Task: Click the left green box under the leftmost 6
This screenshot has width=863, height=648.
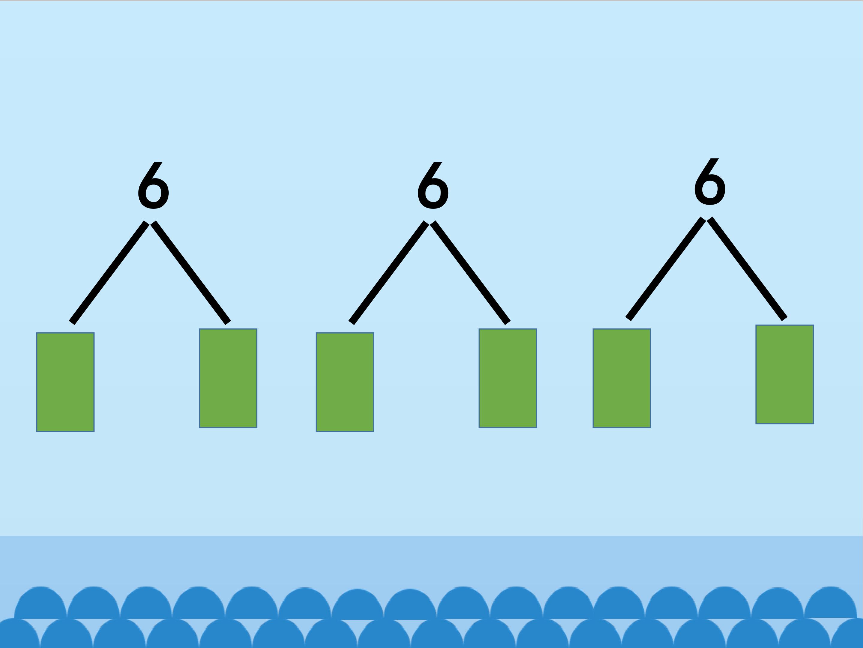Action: pyautogui.click(x=65, y=382)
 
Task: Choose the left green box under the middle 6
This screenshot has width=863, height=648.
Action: pyautogui.click(x=345, y=382)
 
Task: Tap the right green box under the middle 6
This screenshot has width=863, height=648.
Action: pyautogui.click(x=508, y=378)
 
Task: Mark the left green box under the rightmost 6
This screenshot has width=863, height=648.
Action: pyautogui.click(x=622, y=378)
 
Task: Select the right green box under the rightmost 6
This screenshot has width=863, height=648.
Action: pyautogui.click(x=784, y=374)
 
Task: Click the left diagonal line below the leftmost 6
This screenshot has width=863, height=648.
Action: pyautogui.click(x=109, y=273)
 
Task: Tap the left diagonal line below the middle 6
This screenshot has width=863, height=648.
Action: pyautogui.click(x=389, y=273)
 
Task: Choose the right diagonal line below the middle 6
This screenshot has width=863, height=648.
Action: pyautogui.click(x=470, y=273)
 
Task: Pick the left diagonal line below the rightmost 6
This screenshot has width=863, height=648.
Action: pyautogui.click(x=666, y=269)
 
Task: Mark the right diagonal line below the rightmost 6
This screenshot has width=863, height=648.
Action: pyautogui.click(x=747, y=269)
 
